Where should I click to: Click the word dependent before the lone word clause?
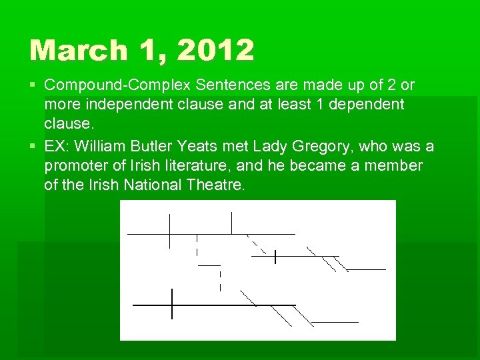point(362,105)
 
